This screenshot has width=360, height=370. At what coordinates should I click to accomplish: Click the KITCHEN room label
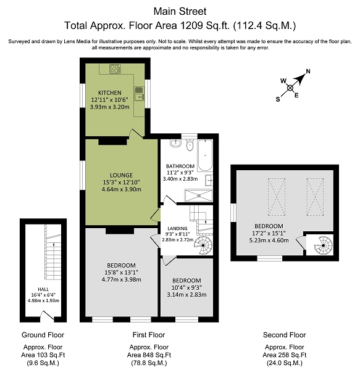point(110,92)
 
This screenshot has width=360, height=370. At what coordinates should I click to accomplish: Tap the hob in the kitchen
point(115,68)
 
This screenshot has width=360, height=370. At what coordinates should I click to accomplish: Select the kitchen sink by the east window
point(140,94)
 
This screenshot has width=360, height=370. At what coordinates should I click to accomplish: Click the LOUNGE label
point(122,175)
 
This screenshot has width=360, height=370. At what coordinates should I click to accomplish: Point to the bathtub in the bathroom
point(205,155)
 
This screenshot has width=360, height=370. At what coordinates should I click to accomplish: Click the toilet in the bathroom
point(190,145)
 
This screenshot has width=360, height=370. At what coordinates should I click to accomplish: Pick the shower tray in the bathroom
point(198,195)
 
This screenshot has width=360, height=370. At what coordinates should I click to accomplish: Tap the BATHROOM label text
point(180,166)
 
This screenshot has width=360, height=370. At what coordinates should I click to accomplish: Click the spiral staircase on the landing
point(203,245)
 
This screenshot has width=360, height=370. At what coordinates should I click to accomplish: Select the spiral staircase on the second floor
point(323,245)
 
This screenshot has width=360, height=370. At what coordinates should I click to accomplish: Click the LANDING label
point(177,228)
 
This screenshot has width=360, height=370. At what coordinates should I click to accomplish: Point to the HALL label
point(43,289)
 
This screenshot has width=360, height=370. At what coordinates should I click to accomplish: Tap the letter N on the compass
point(308,72)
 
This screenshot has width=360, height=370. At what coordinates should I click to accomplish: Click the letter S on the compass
point(278,99)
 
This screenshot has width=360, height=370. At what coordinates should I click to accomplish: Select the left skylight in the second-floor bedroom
point(277,197)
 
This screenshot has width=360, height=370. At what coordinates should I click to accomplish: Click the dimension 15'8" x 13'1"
point(122,273)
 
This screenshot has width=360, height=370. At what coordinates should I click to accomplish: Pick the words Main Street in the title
point(180,11)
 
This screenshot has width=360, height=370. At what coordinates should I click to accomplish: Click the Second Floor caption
point(285,335)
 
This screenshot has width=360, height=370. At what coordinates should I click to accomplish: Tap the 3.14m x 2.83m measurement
point(186,295)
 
